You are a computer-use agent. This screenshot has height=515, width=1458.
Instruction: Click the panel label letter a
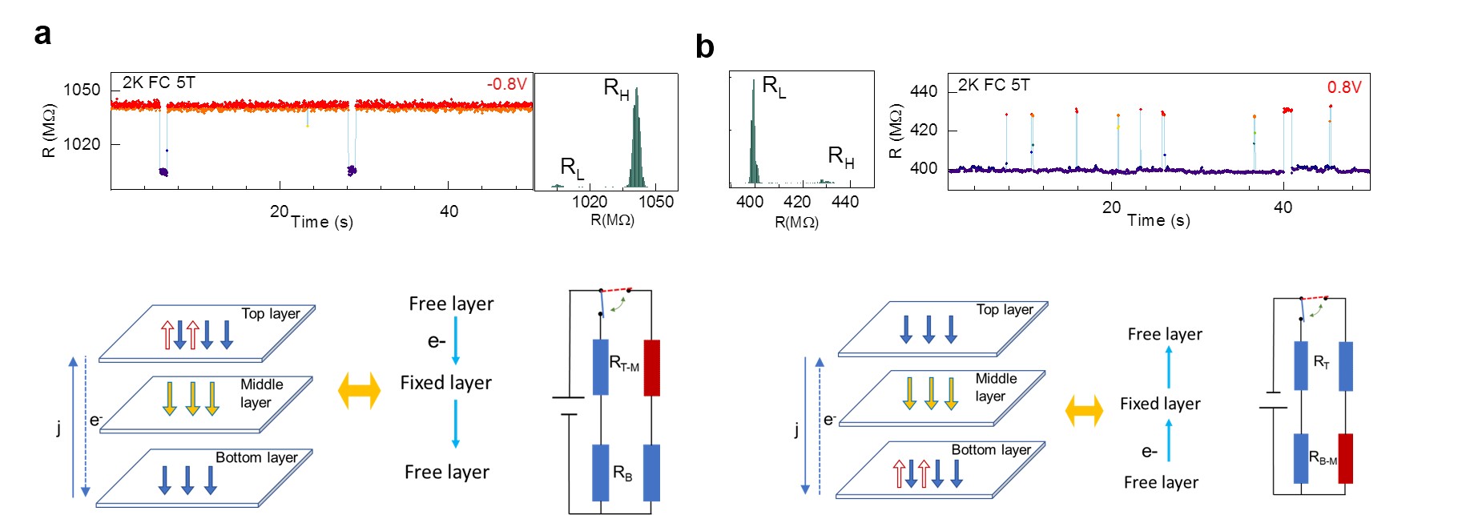tap(43, 34)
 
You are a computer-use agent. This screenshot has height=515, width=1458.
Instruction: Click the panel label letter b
tap(704, 47)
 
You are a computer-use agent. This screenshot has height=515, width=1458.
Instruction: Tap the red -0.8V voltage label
tap(506, 84)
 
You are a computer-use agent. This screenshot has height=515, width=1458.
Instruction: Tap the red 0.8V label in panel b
tap(1343, 87)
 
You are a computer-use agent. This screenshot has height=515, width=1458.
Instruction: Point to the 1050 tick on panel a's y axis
tap(82, 90)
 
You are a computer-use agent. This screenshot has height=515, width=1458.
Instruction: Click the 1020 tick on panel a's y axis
tap(82, 144)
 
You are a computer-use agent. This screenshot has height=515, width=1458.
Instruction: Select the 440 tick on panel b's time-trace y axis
tap(924, 91)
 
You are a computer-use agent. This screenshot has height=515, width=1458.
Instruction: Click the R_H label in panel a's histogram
tap(615, 88)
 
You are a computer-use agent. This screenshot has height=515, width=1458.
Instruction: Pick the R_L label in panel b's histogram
tap(774, 86)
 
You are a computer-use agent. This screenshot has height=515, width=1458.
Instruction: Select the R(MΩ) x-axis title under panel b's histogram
tap(796, 222)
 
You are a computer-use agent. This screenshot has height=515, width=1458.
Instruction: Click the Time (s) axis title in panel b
tap(1158, 220)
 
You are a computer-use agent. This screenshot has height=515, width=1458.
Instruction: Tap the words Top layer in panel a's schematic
tap(271, 313)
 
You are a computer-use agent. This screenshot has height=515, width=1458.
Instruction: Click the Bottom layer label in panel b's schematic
tap(991, 450)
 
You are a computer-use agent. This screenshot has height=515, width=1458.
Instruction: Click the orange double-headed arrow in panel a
tap(359, 391)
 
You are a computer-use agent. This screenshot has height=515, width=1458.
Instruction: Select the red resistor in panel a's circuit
tap(652, 368)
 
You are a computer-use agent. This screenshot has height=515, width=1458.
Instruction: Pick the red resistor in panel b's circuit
tap(1345, 458)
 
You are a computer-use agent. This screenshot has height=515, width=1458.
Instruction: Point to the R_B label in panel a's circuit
tap(622, 473)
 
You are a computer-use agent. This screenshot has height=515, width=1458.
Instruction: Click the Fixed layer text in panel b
tap(1160, 404)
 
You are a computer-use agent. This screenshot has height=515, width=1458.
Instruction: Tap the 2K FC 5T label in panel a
tap(159, 83)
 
